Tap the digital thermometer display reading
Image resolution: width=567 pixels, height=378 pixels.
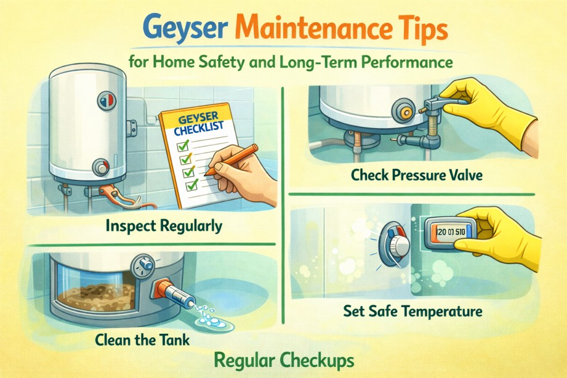click(x=451, y=231)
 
